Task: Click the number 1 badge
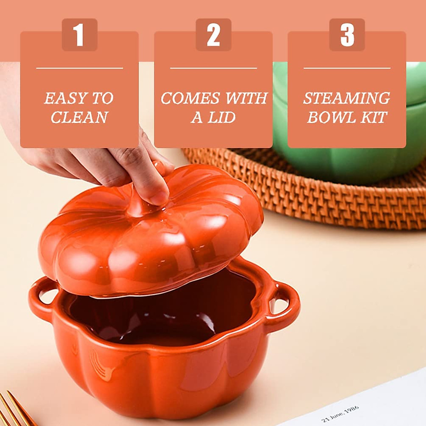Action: click(x=79, y=35)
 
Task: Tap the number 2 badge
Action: click(x=213, y=35)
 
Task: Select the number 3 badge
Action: click(x=347, y=35)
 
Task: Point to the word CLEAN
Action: click(x=79, y=118)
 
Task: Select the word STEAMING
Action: click(x=346, y=98)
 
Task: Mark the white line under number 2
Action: click(x=213, y=68)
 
